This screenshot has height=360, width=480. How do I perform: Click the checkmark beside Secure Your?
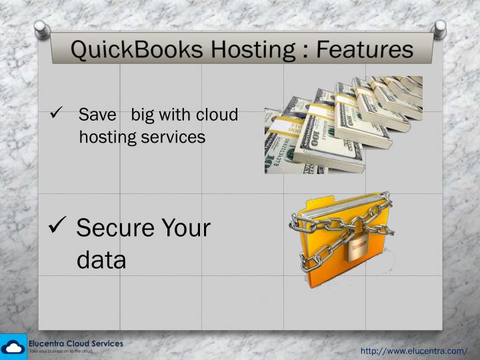coord(57,228)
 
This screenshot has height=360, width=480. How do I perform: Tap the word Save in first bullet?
coord(97,115)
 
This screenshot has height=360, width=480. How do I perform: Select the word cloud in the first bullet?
coord(217,115)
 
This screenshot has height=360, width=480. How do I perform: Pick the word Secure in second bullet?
coord(114,228)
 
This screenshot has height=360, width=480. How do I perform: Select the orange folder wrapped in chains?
coord(340,230)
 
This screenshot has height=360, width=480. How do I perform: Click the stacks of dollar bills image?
coord(343,125)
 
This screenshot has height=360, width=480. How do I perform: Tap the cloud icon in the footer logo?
coord(13,347)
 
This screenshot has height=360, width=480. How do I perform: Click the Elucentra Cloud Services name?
coord(75,343)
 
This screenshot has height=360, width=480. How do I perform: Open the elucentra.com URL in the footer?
coord(413,351)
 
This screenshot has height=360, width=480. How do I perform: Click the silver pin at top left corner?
coord(41,27)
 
